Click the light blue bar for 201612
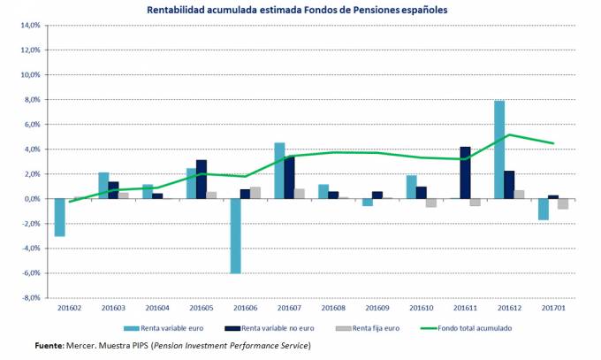point(499,149)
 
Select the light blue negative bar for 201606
point(235,236)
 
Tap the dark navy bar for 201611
point(466,172)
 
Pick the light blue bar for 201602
point(59,218)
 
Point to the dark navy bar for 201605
point(202,180)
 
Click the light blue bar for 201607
point(279,171)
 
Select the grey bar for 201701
point(563,204)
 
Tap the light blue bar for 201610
point(411,187)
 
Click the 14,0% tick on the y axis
point(30,26)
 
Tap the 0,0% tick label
point(31,199)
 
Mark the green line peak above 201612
point(510,134)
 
